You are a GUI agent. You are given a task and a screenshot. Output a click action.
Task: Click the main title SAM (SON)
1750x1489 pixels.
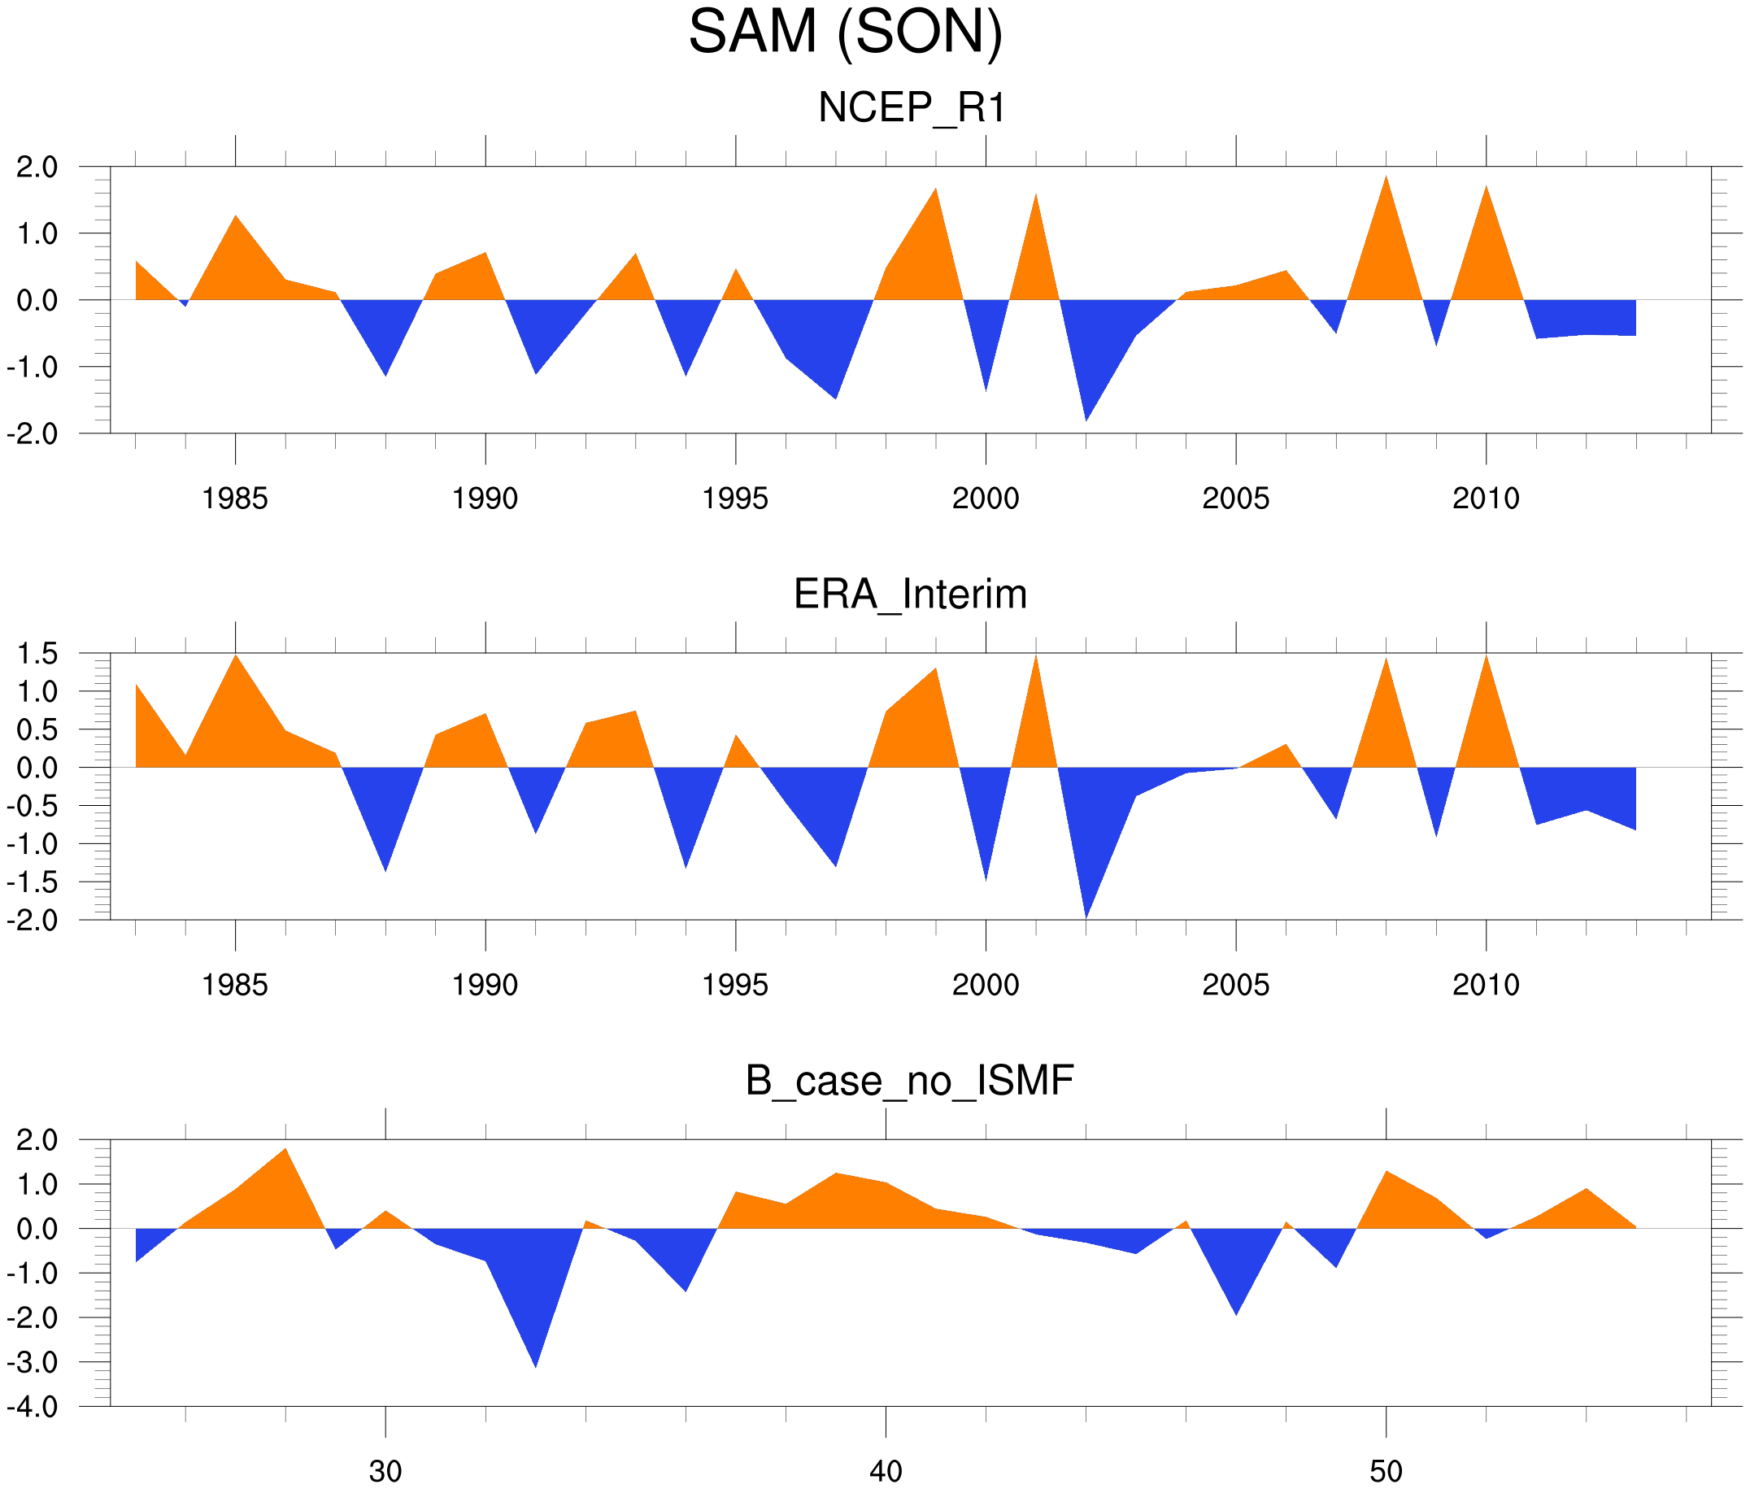coord(845,32)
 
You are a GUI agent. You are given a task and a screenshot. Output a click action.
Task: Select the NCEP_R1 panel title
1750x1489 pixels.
coord(912,107)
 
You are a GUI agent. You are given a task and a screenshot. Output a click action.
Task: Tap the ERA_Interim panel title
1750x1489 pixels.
coord(910,594)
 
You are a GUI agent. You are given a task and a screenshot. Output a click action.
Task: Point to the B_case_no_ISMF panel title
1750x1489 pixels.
coord(909,1081)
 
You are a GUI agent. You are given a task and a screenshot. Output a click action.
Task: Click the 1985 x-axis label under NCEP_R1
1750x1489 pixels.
coord(235,499)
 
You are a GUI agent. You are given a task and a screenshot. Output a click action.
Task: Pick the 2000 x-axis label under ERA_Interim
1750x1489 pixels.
coord(985,985)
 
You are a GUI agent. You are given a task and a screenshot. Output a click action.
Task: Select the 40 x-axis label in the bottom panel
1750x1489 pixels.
coord(886,1471)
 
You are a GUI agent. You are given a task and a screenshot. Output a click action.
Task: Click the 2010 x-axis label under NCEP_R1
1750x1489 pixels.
coord(1486,499)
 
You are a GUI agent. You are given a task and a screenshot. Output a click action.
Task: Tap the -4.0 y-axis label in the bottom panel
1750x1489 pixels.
coord(32,1407)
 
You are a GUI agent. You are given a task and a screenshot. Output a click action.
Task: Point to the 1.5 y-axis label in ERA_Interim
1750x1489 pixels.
coord(37,653)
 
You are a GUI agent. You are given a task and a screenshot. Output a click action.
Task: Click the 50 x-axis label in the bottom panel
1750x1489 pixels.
coord(1386,1471)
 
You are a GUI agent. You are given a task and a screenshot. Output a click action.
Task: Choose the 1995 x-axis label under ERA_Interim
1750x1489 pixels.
coord(734,985)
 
